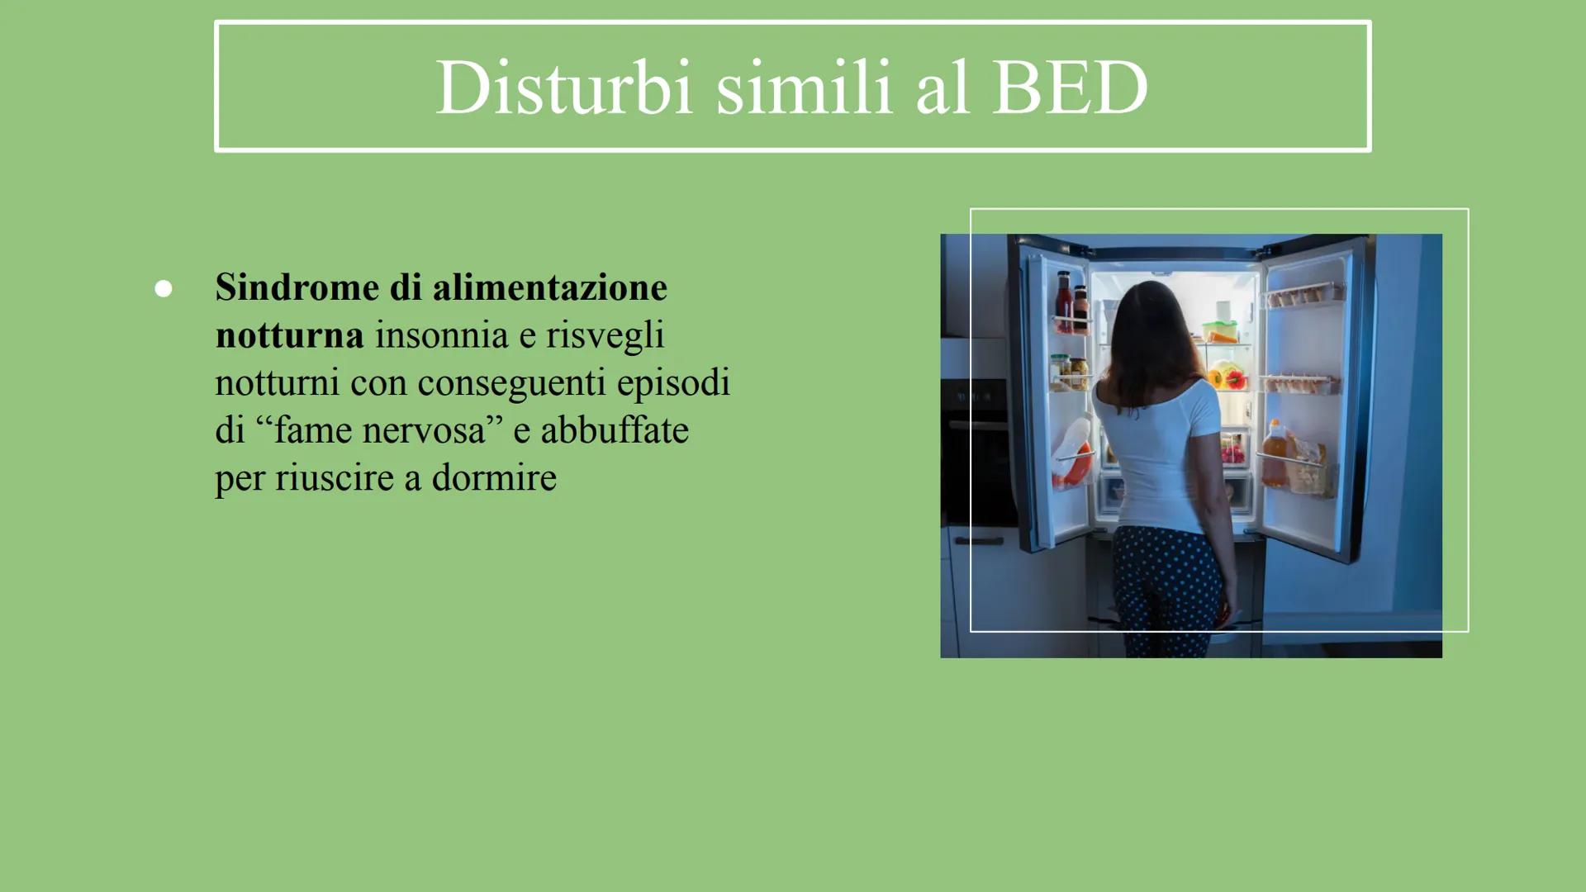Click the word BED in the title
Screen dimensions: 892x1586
click(x=1070, y=88)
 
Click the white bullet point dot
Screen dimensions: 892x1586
click(x=164, y=288)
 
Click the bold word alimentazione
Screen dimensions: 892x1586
click(x=549, y=287)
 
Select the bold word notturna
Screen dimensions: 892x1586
click(x=289, y=335)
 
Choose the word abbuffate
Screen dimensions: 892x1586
click(x=615, y=430)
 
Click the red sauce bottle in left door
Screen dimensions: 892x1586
click(x=1065, y=301)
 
